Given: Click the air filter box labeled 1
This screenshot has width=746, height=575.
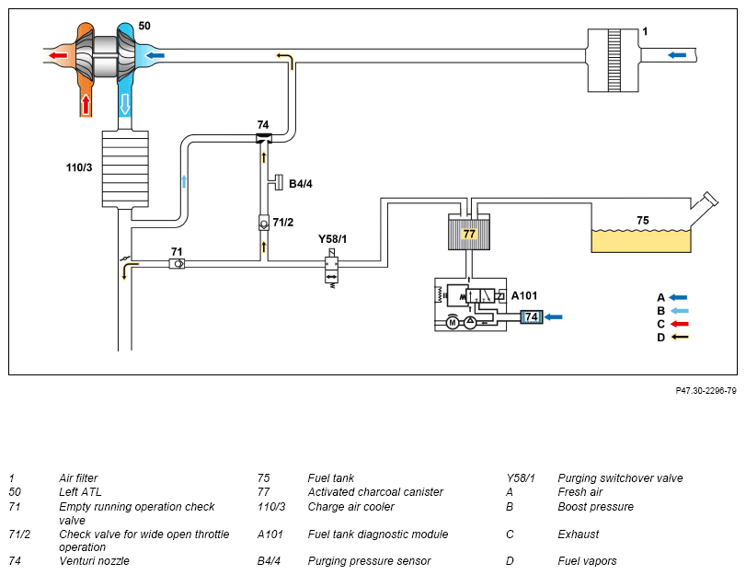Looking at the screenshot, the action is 614,60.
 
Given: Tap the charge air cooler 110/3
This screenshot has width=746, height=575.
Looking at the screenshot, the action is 125,169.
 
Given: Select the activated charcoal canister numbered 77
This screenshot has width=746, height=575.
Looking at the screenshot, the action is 468,232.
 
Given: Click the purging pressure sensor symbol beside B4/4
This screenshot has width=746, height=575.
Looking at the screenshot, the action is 277,183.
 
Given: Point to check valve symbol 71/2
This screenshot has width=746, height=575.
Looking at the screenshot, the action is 264,223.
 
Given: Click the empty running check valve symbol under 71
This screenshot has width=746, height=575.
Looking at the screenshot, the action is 177,263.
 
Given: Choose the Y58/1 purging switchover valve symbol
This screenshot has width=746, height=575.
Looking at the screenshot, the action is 332,268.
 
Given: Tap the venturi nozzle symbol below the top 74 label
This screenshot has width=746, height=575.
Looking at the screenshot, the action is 264,139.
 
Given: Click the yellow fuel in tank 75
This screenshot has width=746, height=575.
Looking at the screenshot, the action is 641,241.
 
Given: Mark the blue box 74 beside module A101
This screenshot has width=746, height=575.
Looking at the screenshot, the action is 532,316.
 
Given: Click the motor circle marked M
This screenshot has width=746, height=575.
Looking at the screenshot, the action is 453,323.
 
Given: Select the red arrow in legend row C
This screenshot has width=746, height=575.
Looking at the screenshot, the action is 679,324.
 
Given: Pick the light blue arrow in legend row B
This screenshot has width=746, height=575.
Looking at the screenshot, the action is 679,311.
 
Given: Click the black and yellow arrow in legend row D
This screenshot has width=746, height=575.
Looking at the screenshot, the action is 679,337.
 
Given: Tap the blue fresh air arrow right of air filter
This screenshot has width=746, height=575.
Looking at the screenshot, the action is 677,55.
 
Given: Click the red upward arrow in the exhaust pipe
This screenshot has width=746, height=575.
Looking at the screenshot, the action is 86,104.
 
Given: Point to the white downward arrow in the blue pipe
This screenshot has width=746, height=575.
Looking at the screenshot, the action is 125,104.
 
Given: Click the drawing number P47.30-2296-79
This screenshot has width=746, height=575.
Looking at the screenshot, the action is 706,391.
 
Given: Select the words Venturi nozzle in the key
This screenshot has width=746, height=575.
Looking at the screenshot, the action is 94,561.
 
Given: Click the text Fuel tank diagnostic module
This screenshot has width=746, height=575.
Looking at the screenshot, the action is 378,535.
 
